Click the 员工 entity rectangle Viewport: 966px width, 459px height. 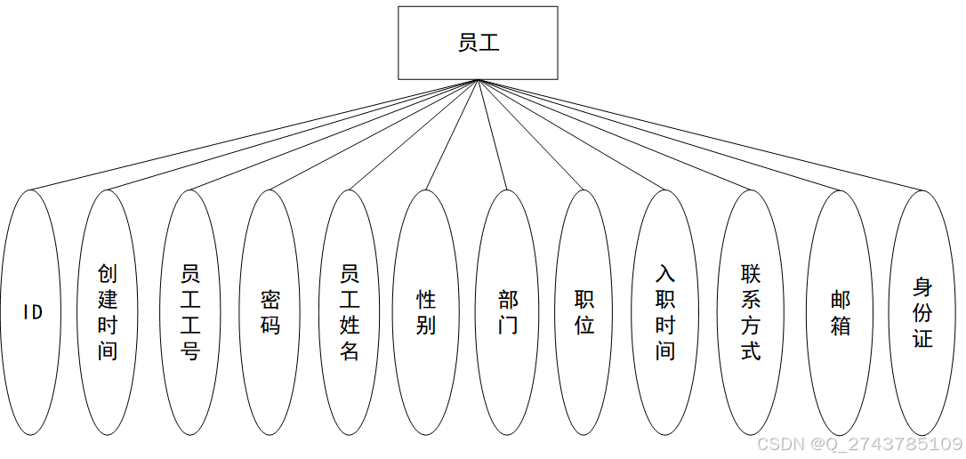point(478,43)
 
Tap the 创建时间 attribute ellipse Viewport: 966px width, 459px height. point(108,312)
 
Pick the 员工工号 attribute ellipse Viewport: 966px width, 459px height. point(190,312)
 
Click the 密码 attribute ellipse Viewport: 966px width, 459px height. point(270,312)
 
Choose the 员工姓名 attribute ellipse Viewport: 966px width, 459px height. point(350,312)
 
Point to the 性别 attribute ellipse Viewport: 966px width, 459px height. point(425,312)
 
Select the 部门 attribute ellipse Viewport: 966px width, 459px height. point(507,312)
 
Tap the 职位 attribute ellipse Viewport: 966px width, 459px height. point(584,312)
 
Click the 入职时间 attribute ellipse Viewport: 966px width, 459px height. point(665,312)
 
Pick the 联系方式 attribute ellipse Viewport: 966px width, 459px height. point(751,312)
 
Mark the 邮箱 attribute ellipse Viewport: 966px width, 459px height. point(840,312)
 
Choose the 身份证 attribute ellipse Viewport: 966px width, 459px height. point(922,312)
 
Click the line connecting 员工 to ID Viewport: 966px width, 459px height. point(254,135)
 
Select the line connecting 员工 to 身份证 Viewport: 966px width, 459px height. point(699,134)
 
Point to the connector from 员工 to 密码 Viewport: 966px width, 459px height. point(373,135)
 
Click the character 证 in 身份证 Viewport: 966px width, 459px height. point(922,339)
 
